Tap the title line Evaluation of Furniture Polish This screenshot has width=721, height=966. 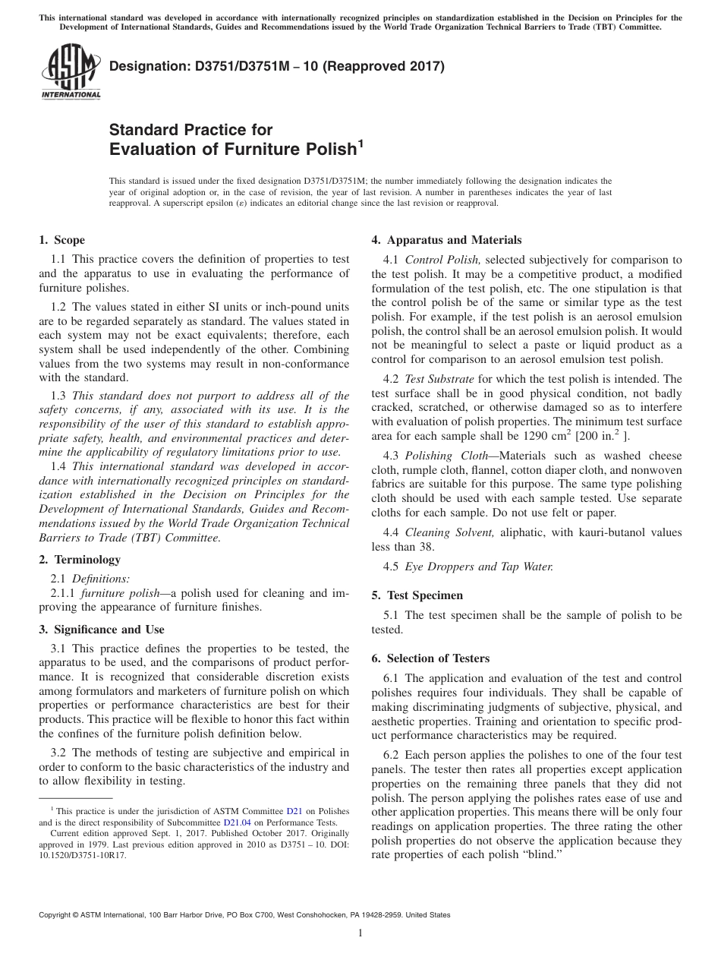233,149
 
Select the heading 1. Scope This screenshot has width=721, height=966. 61,240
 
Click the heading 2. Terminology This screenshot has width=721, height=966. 80,560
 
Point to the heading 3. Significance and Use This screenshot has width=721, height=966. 102,630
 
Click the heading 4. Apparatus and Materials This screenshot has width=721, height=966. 446,240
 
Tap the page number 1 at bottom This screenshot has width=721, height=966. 360,933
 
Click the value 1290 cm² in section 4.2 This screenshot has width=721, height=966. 543,436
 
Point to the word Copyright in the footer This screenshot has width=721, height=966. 56,915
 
